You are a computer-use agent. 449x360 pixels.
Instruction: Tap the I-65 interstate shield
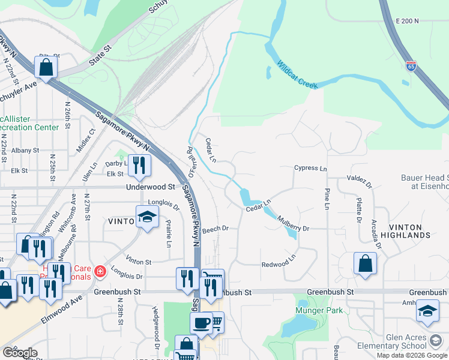(411, 65)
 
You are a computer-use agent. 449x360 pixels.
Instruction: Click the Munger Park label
(318, 310)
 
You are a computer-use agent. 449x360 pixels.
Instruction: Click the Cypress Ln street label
(310, 169)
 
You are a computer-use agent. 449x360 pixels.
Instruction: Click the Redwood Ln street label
(279, 265)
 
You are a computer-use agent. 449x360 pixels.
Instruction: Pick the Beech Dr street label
(216, 229)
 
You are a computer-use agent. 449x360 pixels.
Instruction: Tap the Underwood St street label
(149, 187)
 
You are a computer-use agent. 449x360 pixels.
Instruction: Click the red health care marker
(99, 273)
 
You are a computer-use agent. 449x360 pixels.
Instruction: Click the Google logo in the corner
(19, 353)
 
